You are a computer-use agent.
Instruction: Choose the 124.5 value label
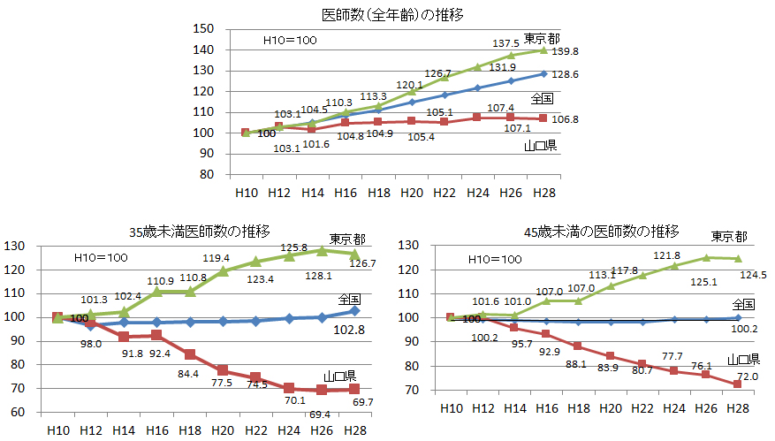click(752, 275)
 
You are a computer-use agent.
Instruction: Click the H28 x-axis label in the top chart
click(543, 193)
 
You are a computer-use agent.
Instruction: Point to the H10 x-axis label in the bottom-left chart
click(57, 430)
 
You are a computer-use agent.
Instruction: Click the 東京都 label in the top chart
click(541, 38)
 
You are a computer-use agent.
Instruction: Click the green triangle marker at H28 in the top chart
click(543, 50)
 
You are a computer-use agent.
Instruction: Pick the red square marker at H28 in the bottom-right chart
click(732, 384)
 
